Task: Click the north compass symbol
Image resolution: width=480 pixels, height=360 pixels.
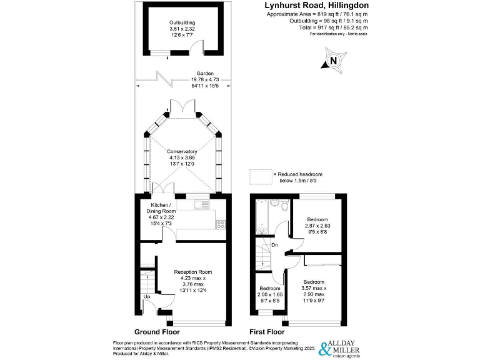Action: (332, 61)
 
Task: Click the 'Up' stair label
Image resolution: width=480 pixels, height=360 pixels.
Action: (147, 296)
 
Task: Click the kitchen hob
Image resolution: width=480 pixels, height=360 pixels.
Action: (221, 223)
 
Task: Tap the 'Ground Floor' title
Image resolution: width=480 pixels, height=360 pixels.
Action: (157, 332)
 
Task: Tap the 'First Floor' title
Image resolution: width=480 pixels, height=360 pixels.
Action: (266, 332)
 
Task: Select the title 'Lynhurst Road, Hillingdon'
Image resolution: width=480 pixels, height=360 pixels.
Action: (317, 6)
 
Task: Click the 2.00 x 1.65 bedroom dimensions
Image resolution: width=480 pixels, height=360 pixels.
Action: (271, 293)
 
